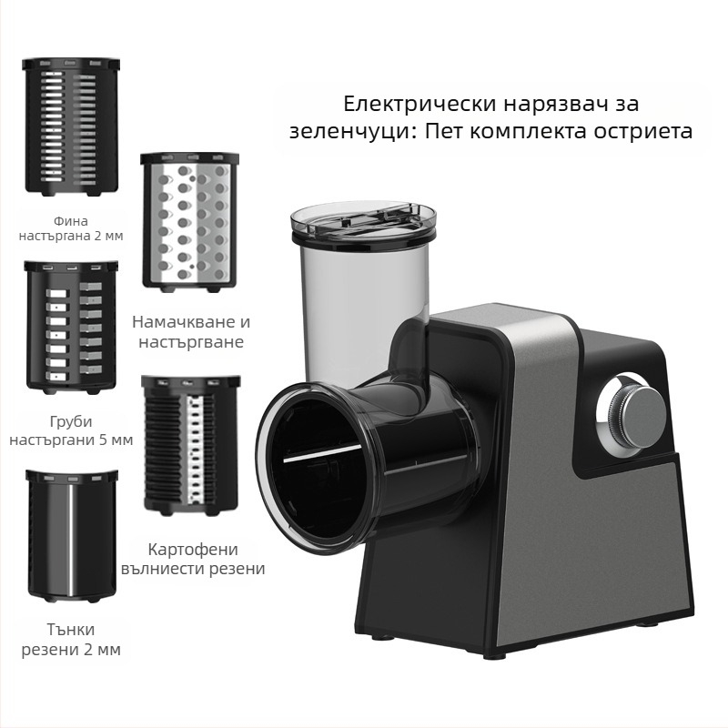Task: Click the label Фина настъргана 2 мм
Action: [x=71, y=227]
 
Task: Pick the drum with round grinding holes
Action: [x=189, y=220]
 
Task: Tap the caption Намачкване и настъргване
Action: [x=191, y=332]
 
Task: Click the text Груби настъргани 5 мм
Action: [x=71, y=431]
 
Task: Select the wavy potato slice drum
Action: [x=192, y=443]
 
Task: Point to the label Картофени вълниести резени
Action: [x=193, y=559]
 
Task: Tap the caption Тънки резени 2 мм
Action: [x=71, y=639]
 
